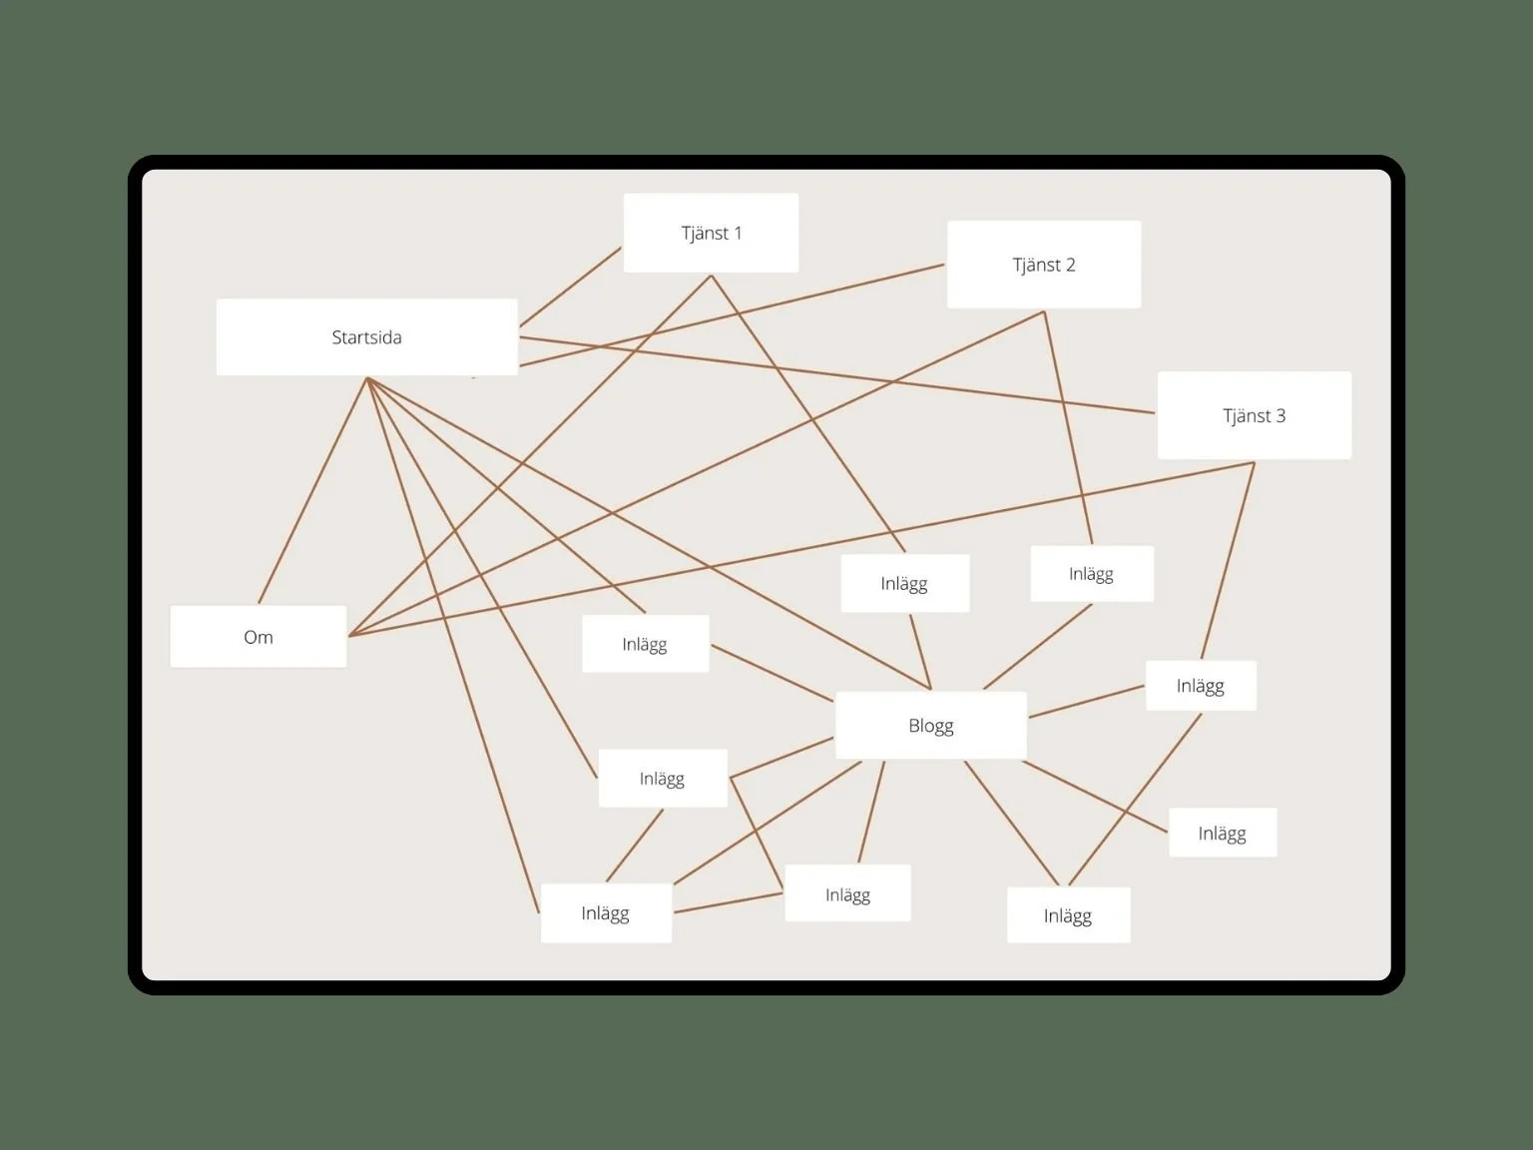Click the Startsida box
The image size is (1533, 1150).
(x=366, y=337)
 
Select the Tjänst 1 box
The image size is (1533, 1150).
(x=711, y=233)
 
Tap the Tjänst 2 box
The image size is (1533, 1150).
(x=1043, y=265)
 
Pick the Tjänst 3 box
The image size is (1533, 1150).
(x=1254, y=415)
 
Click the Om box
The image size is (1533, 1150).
(x=257, y=637)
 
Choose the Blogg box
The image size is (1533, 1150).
(x=930, y=726)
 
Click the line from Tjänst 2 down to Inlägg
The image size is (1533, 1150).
(x=1068, y=429)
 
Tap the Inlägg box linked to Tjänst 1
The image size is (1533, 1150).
(x=904, y=583)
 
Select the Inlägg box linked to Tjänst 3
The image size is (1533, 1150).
(x=1200, y=686)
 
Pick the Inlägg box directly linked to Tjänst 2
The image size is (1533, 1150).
(x=1091, y=574)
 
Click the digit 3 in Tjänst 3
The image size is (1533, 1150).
(x=1280, y=415)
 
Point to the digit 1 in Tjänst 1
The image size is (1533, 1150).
(x=738, y=233)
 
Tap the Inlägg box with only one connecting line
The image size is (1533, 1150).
(x=1222, y=833)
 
